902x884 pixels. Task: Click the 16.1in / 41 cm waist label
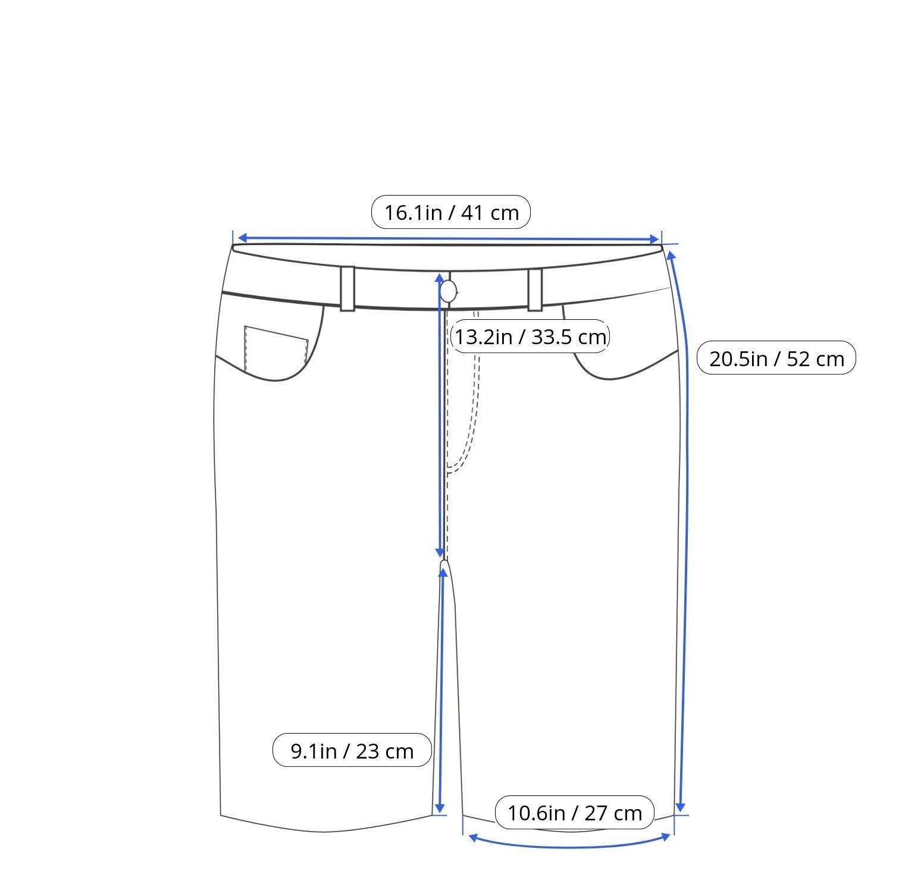click(x=450, y=212)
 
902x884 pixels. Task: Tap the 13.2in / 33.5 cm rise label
click(x=530, y=337)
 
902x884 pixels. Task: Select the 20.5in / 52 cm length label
click(x=776, y=358)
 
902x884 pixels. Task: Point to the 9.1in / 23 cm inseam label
click(x=352, y=751)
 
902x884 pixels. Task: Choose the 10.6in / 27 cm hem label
click(x=574, y=813)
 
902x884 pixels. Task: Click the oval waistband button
click(x=448, y=291)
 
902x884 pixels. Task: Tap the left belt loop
click(x=347, y=288)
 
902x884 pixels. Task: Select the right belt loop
click(x=535, y=290)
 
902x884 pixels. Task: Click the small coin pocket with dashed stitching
click(x=275, y=348)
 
